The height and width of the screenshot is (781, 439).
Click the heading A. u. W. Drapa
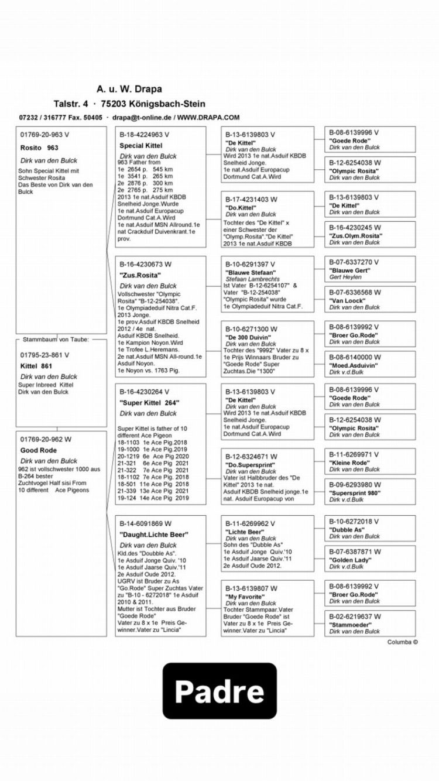[129, 89]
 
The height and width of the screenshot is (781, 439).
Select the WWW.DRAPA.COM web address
[209, 117]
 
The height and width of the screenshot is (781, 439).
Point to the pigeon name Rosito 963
[39, 148]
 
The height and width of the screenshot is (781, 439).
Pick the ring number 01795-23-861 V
[44, 355]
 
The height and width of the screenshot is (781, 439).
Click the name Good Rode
[39, 451]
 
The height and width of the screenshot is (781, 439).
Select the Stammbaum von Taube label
[56, 340]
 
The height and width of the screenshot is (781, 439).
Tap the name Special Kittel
[140, 145]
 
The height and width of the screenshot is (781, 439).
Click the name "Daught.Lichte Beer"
[154, 535]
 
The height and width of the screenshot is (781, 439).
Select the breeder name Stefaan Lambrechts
[251, 280]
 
